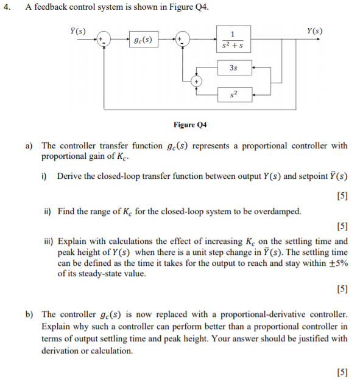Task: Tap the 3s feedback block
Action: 233,68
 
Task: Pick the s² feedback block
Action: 233,94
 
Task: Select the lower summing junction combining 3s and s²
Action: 197,80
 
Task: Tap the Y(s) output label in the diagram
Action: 315,30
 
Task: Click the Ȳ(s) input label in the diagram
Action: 78,30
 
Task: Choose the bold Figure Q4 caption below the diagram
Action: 190,125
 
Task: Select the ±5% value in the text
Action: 339,263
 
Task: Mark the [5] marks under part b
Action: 342,372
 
